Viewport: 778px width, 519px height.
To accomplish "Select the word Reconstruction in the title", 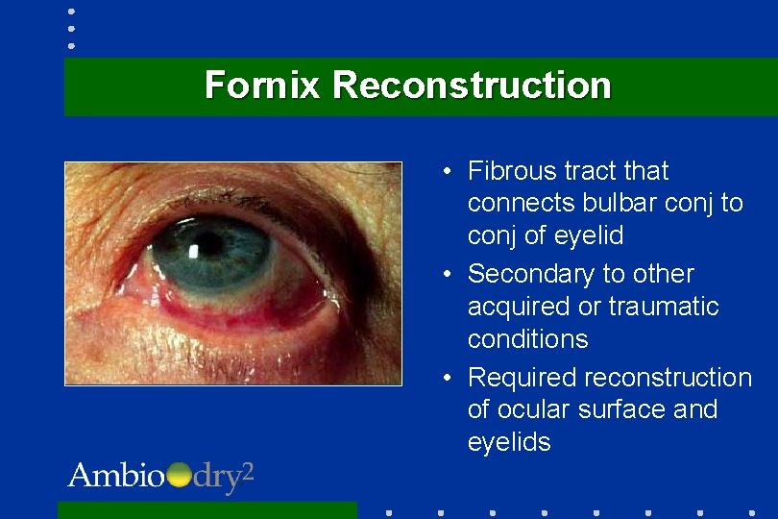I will [472, 86].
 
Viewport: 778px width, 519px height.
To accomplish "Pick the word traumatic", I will [664, 307].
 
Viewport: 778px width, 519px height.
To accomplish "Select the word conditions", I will [527, 339].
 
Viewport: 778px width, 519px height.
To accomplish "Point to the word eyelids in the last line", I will [509, 442].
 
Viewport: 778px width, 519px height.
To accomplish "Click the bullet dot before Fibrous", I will [448, 172].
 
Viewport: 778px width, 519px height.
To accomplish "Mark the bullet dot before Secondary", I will [448, 275].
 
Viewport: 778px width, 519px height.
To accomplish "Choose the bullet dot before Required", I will [448, 378].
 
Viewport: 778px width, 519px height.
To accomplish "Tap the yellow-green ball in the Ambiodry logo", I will [179, 475].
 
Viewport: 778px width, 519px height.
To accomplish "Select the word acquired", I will [522, 307].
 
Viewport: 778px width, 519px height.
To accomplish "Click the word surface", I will [621, 409].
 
